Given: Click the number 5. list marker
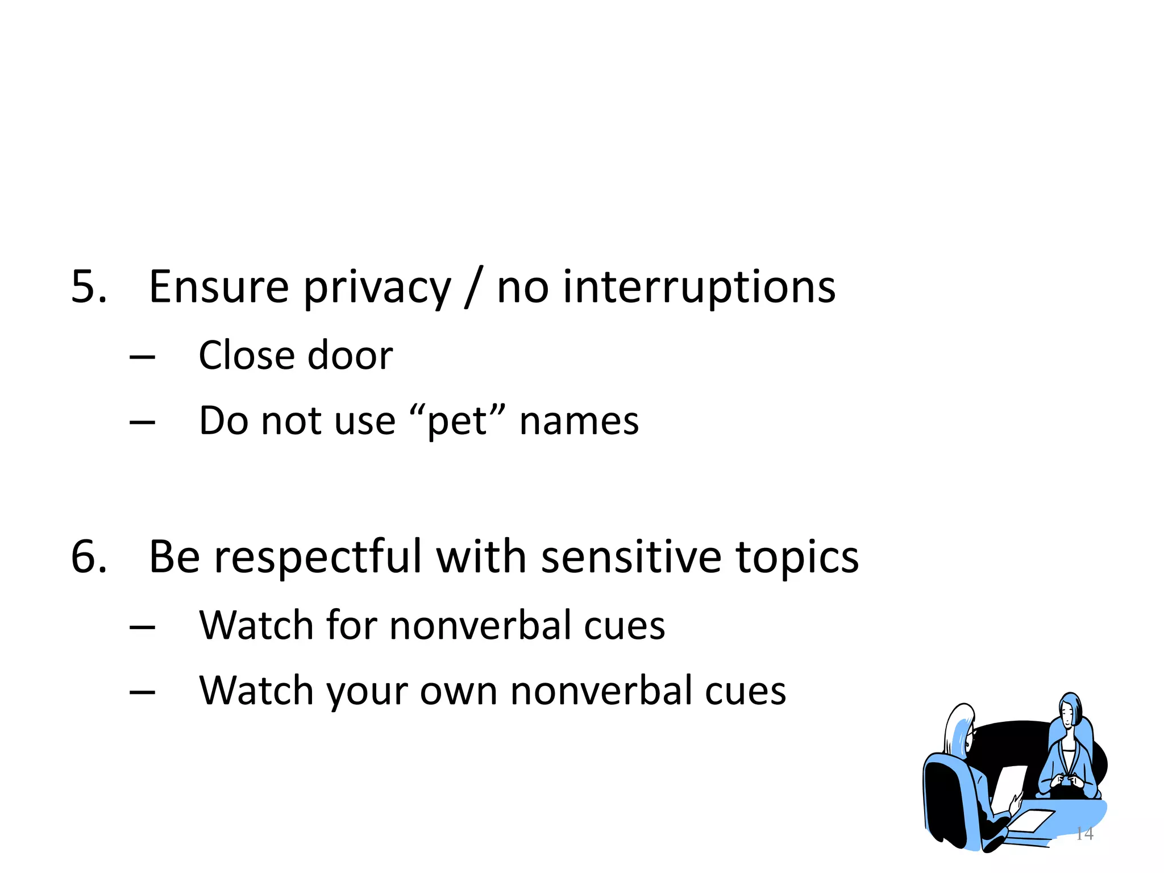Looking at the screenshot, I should (89, 287).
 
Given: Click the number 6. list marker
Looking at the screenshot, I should (89, 557).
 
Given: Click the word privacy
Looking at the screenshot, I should (377, 289).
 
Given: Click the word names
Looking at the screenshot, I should (579, 422).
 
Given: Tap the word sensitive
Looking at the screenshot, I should (631, 557).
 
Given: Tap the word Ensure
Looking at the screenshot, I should (218, 287).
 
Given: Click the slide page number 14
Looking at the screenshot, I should (1084, 834).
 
